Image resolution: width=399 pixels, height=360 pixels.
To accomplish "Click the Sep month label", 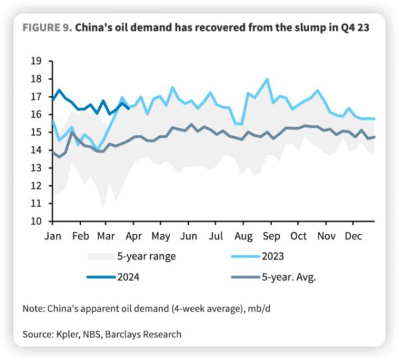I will (x=271, y=236).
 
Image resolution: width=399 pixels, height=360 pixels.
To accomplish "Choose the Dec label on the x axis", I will (x=352, y=236).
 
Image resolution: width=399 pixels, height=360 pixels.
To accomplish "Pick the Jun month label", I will (x=189, y=236).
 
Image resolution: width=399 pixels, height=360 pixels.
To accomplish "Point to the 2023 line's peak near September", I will (x=267, y=79).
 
